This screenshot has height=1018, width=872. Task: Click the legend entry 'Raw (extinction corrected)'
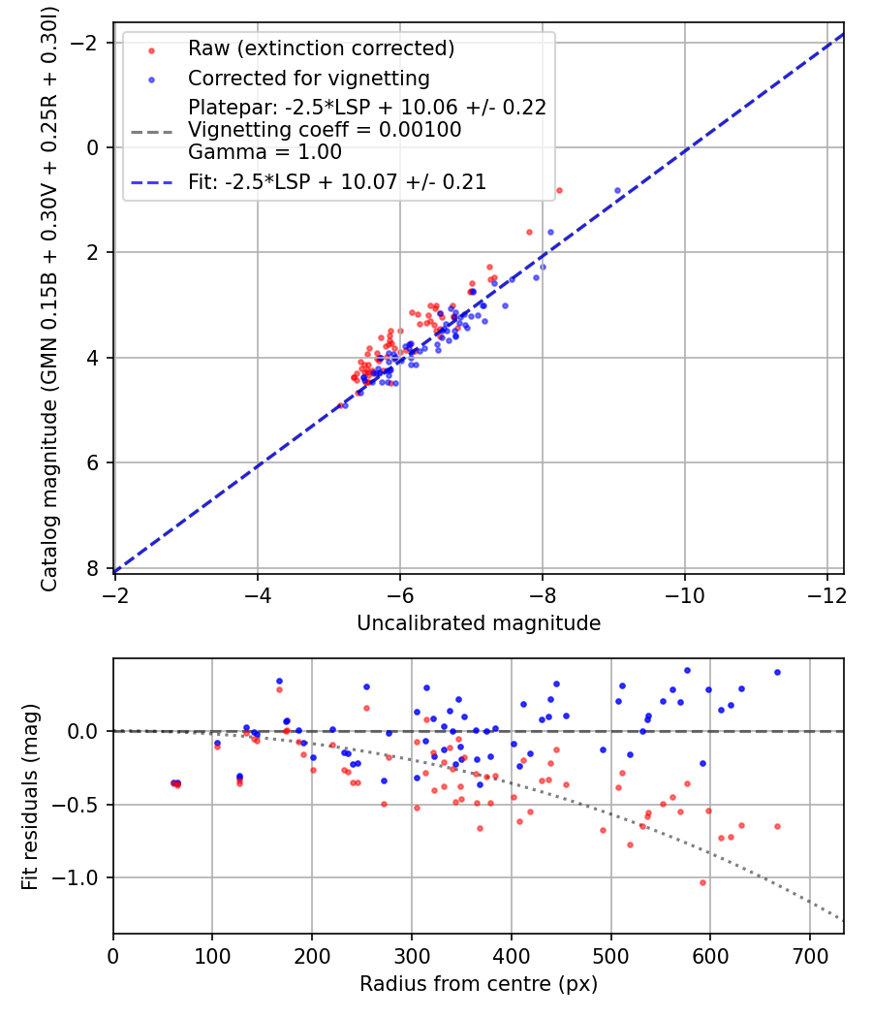pos(321,48)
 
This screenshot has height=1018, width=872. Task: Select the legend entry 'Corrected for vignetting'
pos(309,79)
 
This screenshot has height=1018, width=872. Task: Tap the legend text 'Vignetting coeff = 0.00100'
pos(325,130)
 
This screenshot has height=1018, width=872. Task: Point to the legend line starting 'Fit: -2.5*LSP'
pos(337,182)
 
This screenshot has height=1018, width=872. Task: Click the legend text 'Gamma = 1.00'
pos(265,152)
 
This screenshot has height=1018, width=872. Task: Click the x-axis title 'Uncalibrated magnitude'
pos(479,623)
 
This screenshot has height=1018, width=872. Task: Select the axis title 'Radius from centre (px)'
pos(479,984)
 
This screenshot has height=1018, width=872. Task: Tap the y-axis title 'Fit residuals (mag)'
pos(30,797)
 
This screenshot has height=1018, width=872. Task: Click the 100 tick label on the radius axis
pos(212,956)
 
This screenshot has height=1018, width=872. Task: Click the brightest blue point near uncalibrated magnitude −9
pos(618,191)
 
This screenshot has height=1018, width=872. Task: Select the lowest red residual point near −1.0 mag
pos(702,883)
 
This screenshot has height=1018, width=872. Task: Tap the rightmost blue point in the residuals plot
pos(777,673)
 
